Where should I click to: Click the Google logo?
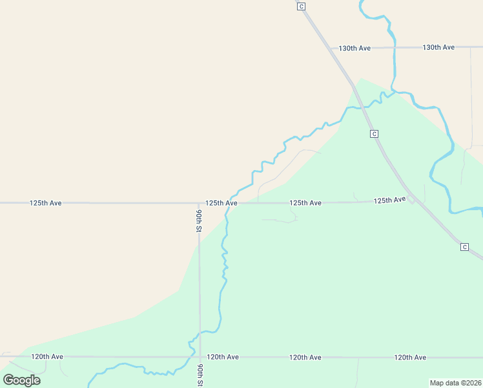click(21, 380)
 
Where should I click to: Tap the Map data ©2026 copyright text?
click(455, 382)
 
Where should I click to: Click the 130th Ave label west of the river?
click(355, 48)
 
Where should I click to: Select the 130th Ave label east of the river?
click(438, 47)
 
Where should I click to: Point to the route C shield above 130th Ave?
click(301, 6)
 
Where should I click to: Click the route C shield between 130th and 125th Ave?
click(374, 133)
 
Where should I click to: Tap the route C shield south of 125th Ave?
click(464, 247)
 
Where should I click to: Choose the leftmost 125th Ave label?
click(45, 203)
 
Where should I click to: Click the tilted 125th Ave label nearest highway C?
click(389, 200)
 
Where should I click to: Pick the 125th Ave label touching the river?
click(221, 203)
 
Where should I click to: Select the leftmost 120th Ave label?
click(47, 356)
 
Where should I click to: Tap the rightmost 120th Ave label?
click(410, 357)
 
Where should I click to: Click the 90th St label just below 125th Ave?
click(200, 220)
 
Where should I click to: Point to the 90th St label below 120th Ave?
click(200, 374)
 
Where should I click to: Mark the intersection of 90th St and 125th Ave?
click(200, 203)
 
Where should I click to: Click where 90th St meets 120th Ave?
click(200, 356)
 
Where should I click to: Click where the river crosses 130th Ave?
click(393, 47)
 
